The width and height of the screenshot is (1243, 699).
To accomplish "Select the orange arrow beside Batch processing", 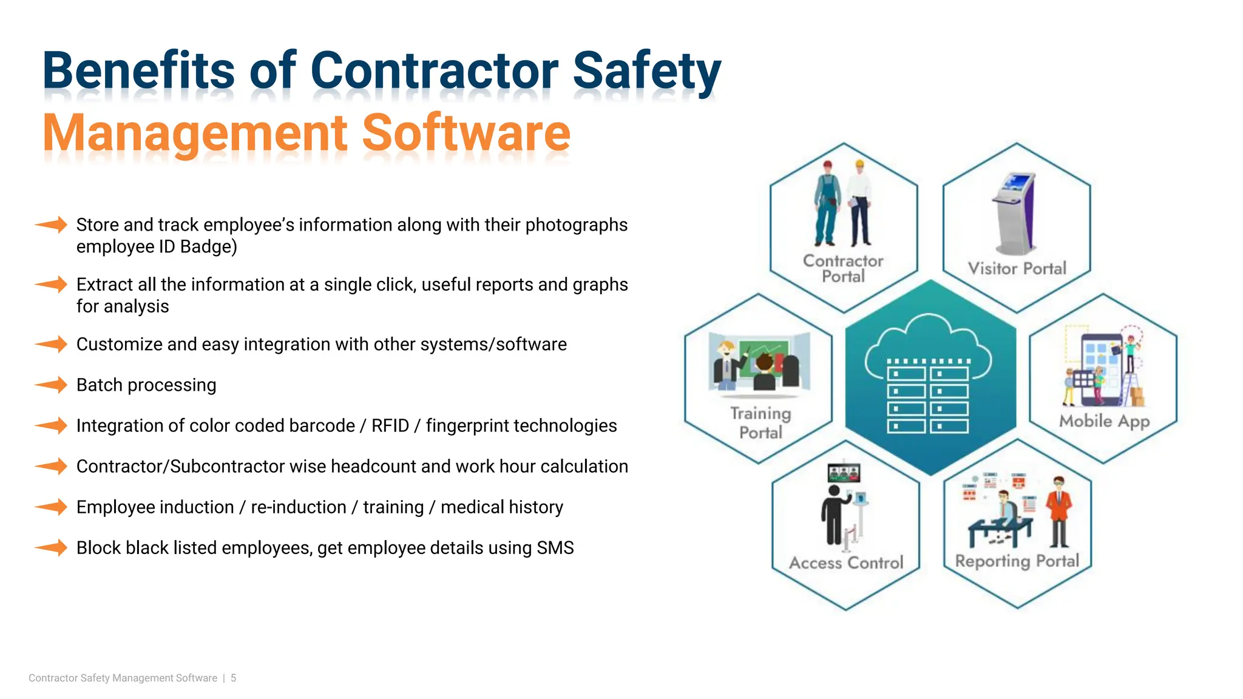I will [51, 385].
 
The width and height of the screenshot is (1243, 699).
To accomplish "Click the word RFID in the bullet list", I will [390, 426].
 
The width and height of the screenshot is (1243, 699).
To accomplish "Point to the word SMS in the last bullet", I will [555, 548].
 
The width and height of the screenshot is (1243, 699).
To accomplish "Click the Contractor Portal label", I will [843, 269].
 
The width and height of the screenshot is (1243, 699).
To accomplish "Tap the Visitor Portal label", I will [1017, 269].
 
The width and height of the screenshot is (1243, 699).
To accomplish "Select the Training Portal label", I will [760, 423].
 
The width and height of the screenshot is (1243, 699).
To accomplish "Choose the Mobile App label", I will [1104, 421].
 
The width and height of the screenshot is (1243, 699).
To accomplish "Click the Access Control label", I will [846, 563].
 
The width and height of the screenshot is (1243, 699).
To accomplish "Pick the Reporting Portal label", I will [1017, 561].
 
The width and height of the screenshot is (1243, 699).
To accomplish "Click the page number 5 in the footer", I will [234, 678].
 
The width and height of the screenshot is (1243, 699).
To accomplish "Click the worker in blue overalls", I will [827, 203].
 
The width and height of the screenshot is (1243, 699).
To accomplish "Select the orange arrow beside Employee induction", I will [51, 507].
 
